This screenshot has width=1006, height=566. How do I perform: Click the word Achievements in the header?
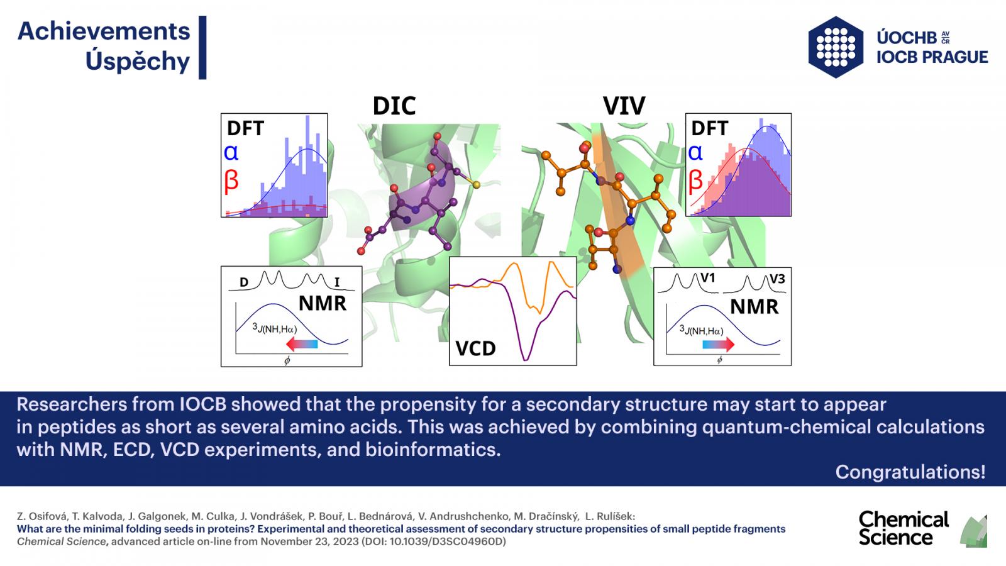104,31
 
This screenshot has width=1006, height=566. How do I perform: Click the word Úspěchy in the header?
138,61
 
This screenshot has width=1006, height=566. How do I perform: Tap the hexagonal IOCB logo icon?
836,47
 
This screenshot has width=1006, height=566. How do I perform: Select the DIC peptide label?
394,106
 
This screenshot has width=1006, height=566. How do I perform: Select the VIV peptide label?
624,106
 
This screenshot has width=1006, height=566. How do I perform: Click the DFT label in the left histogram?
245,128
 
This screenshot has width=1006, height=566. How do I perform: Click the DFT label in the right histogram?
709,128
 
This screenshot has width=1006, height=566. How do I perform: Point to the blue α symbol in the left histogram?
231,153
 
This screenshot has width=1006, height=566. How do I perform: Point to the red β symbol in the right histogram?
695,180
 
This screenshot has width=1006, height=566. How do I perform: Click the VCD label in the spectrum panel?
475,348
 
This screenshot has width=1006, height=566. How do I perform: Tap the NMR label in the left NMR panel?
323,304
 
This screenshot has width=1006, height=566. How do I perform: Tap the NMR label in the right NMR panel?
754,307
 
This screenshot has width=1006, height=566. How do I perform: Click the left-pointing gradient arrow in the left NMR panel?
302,345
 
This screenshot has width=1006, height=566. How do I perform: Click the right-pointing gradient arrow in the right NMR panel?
719,345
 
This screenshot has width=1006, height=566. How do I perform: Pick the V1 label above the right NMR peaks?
708,278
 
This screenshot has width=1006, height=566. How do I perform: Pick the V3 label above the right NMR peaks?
777,279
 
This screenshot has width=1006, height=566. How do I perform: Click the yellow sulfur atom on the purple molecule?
476,184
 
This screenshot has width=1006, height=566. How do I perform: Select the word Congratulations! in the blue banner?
910,472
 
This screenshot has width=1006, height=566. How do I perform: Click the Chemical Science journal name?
904,529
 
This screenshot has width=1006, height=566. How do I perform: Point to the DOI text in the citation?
434,541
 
